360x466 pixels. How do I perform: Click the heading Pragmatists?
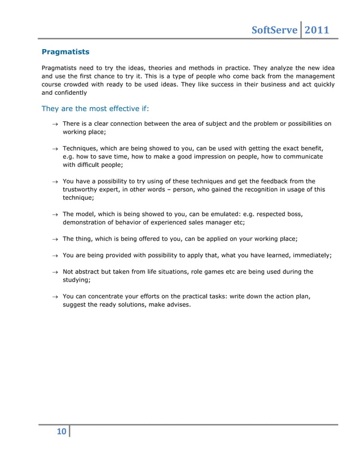pos(65,52)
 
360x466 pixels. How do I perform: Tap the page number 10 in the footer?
pos(61,432)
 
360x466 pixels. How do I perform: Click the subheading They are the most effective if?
pos(95,108)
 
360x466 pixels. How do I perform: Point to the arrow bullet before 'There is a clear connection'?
pos(55,124)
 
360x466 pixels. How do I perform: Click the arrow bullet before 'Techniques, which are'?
pos(55,148)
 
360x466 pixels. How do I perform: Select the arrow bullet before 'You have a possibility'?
pos(55,182)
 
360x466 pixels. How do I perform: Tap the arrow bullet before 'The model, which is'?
pos(55,215)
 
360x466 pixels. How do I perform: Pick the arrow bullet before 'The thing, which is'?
pos(55,239)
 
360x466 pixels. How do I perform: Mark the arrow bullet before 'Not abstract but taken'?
pos(55,272)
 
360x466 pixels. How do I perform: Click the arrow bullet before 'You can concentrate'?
pos(55,296)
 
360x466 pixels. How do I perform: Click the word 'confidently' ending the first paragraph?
pos(71,93)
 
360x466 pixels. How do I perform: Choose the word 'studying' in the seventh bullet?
pos(76,280)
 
